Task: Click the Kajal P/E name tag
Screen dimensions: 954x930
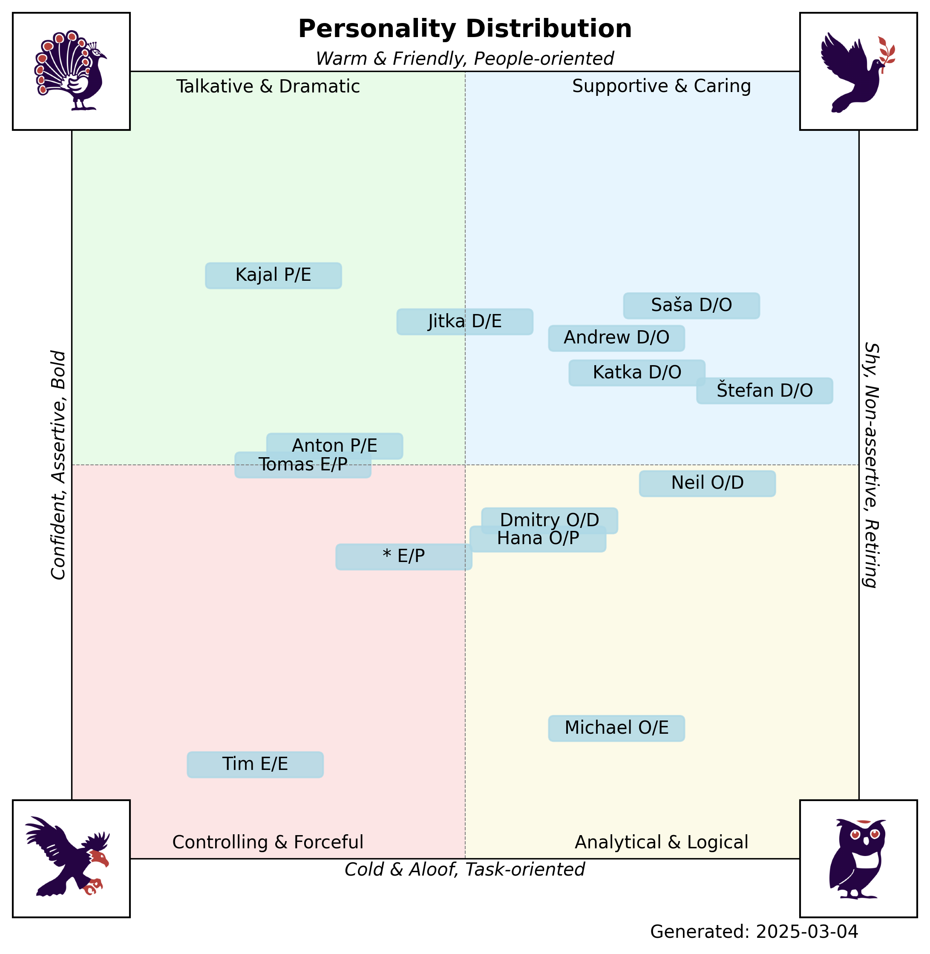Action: pyautogui.click(x=273, y=276)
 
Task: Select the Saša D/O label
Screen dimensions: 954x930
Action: pyautogui.click(x=691, y=306)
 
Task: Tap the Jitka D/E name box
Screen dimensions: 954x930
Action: pyautogui.click(x=464, y=322)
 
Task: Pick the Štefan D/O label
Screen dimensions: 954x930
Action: pyautogui.click(x=764, y=391)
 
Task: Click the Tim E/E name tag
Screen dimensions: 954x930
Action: pyautogui.click(x=255, y=764)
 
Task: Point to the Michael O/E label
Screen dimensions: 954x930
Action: pyautogui.click(x=616, y=728)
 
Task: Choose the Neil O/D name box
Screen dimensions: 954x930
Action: pyautogui.click(x=707, y=484)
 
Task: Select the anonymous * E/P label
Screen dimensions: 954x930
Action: pyautogui.click(x=403, y=557)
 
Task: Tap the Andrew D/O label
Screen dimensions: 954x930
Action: pyautogui.click(x=616, y=338)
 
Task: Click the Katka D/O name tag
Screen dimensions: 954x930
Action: pyautogui.click(x=637, y=373)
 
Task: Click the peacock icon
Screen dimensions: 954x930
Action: pyautogui.click(x=71, y=71)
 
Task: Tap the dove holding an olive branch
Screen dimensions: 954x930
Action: pyautogui.click(x=858, y=71)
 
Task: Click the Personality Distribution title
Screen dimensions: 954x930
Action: pyautogui.click(x=464, y=29)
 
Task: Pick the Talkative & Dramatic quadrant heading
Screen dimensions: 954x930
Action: pyautogui.click(x=268, y=86)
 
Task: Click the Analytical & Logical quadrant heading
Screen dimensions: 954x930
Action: pyautogui.click(x=661, y=843)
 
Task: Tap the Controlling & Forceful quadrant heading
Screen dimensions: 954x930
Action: pyautogui.click(x=268, y=843)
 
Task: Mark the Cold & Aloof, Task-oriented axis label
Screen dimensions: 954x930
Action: pyautogui.click(x=464, y=870)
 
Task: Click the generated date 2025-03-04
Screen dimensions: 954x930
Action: pyautogui.click(x=754, y=932)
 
